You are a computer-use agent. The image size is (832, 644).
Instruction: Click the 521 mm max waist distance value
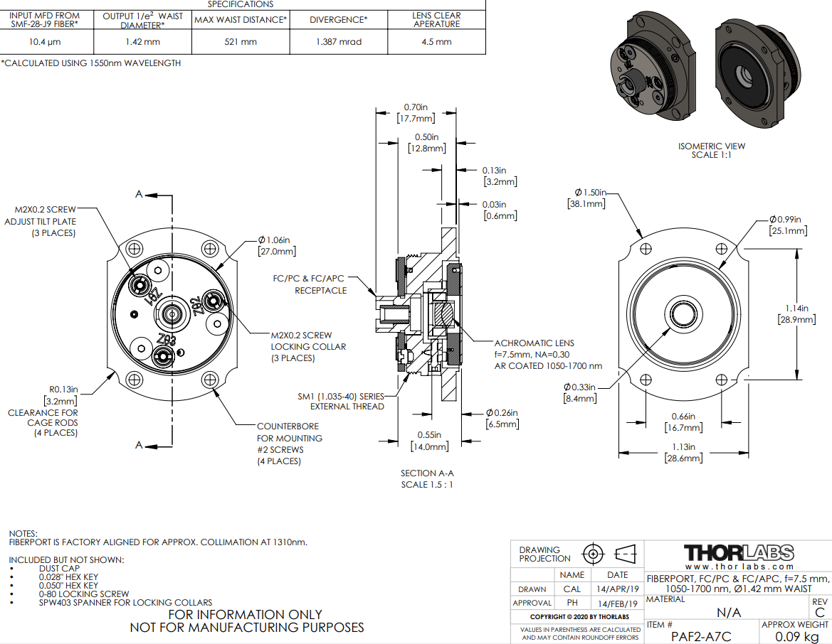(241, 42)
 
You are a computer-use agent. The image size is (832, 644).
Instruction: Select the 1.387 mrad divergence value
(339, 42)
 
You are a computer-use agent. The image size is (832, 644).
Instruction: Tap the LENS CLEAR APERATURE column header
(436, 19)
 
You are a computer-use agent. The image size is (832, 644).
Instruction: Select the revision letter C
(820, 613)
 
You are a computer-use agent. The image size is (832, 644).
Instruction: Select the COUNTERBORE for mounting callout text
(289, 444)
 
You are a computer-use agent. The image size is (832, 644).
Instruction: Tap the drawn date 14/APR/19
(617, 589)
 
